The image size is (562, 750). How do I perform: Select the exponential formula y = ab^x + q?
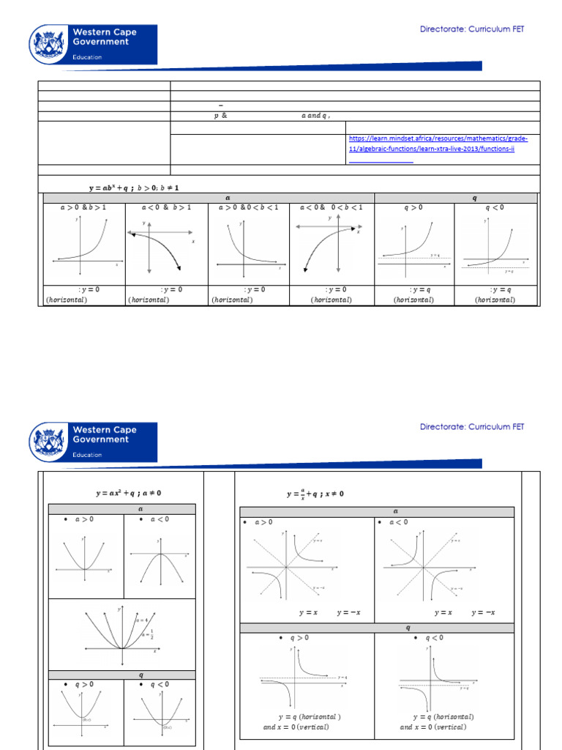133,187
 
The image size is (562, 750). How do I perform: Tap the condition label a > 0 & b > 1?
84,207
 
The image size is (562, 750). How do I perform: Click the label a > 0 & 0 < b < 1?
249,207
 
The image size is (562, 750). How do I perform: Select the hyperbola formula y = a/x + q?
315,494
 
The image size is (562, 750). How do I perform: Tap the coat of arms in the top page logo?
48,44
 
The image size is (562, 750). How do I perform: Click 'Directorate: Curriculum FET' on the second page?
472,426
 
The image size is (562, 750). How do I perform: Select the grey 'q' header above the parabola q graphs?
122,674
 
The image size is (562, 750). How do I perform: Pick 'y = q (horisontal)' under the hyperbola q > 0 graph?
310,716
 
